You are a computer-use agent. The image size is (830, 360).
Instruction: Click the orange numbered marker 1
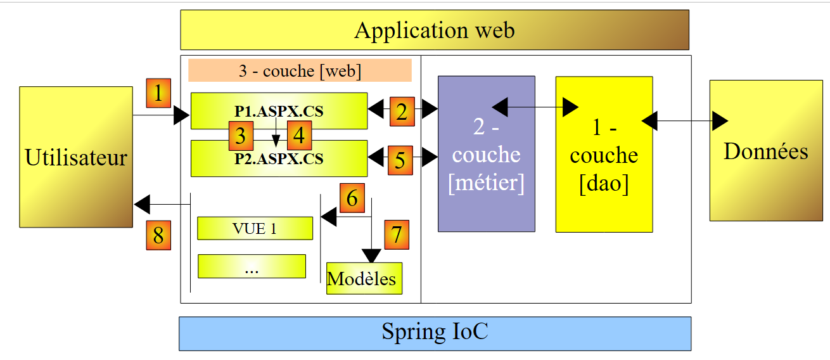point(158,93)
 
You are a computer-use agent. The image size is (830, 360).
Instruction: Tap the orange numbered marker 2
point(402,112)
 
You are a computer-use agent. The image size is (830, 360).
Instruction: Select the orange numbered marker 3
point(239,136)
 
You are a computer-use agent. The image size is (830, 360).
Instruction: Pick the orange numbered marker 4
point(299,136)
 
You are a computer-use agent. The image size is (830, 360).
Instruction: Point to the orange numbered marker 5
point(400,160)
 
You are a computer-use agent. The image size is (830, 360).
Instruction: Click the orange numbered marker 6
point(352,198)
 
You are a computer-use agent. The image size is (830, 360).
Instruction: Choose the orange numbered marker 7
point(397,234)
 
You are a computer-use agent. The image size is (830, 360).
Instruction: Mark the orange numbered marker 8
point(158,235)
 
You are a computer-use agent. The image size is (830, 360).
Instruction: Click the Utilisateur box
point(76,157)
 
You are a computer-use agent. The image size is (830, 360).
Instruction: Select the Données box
point(765,151)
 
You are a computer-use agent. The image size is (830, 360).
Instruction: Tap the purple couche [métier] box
point(486,154)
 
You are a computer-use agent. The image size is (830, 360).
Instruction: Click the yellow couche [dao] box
point(604,154)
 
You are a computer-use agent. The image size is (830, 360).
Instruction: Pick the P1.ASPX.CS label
point(279,112)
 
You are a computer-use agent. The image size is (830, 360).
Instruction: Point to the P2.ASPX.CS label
point(279,158)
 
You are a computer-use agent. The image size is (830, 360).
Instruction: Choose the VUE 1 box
point(255,228)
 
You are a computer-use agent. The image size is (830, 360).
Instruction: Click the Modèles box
point(364,278)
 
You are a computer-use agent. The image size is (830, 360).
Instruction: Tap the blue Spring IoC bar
point(435,333)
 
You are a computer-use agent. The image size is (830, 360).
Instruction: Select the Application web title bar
point(435,30)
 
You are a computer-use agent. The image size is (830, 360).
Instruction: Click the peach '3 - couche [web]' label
point(300,70)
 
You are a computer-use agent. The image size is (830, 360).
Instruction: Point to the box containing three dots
point(252,266)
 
